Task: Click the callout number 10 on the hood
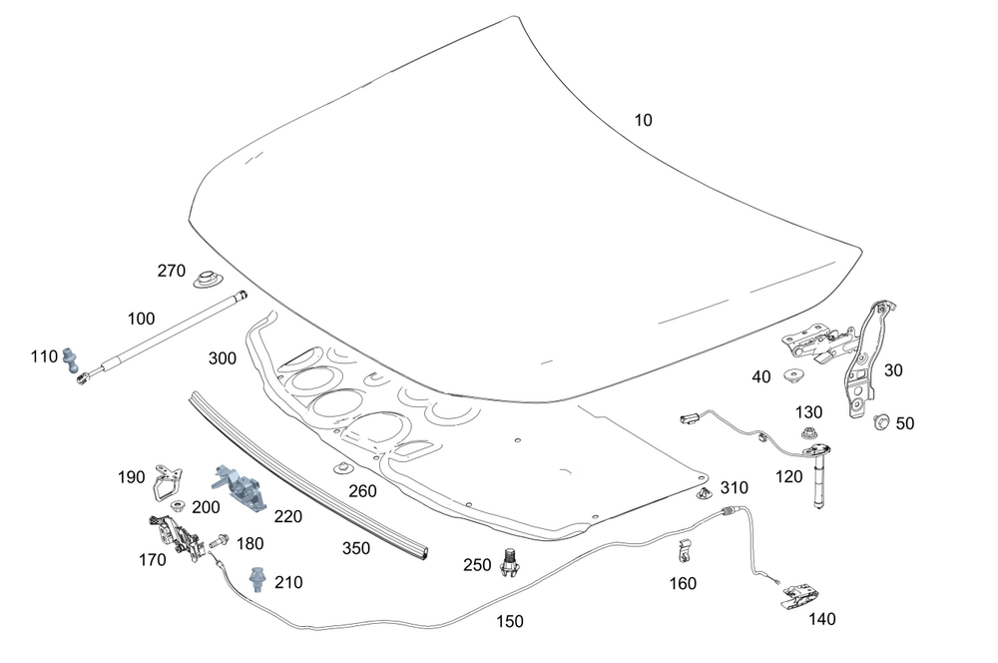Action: (643, 120)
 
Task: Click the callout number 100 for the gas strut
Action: (142, 320)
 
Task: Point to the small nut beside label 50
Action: (880, 421)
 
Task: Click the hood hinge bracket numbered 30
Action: (863, 359)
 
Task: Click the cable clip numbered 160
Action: (685, 550)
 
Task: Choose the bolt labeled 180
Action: (219, 543)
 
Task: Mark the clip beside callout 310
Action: (705, 493)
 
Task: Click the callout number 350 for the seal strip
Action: (356, 548)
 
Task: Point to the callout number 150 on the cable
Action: (509, 621)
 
